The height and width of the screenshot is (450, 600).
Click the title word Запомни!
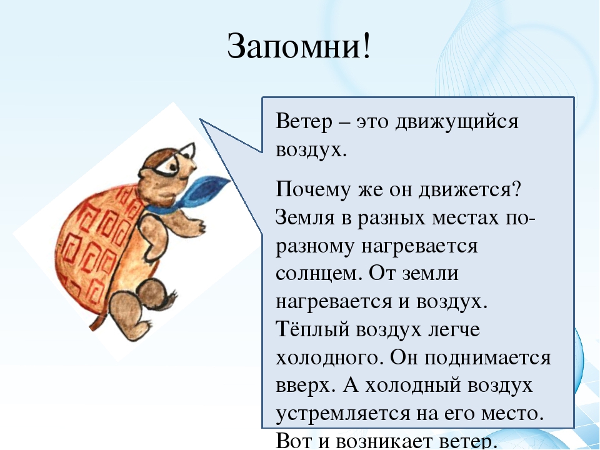299,46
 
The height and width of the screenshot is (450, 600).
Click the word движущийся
456,122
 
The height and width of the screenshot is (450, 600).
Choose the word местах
465,218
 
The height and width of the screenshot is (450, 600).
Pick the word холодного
329,358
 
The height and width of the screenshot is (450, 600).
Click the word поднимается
488,358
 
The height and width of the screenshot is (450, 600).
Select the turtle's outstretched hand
198,226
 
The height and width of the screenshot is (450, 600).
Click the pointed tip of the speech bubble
200,119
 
